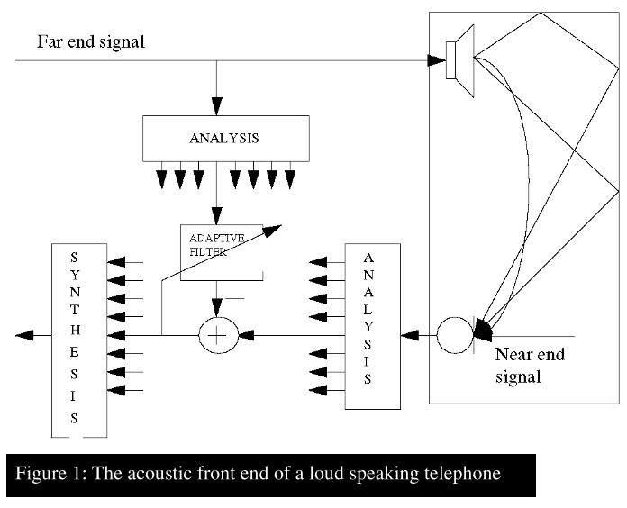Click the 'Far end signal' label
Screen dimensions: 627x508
tap(91, 42)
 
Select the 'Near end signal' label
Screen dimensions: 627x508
tap(530, 366)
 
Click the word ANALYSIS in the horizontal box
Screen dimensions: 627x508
tap(224, 139)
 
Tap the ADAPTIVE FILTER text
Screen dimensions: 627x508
tap(216, 245)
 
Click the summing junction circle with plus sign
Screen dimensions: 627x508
tap(218, 335)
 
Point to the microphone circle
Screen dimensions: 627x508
tap(455, 335)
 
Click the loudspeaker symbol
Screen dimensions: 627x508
tap(460, 60)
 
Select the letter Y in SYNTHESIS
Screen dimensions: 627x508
tap(75, 275)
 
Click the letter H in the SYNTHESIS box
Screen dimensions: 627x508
tap(75, 331)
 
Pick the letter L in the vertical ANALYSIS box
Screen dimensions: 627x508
tap(368, 310)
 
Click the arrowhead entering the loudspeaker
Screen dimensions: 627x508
tap(436, 60)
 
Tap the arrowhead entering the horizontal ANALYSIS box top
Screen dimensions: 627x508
tap(217, 106)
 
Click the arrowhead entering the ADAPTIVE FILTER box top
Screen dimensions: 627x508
tap(217, 216)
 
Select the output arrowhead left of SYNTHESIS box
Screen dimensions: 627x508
tap(24, 335)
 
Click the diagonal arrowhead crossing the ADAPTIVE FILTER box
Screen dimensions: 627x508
tap(272, 231)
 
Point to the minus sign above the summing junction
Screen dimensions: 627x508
tap(235, 298)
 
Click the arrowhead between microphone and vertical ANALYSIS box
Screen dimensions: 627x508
tap(410, 335)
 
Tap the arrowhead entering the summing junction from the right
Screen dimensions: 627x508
tap(246, 335)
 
